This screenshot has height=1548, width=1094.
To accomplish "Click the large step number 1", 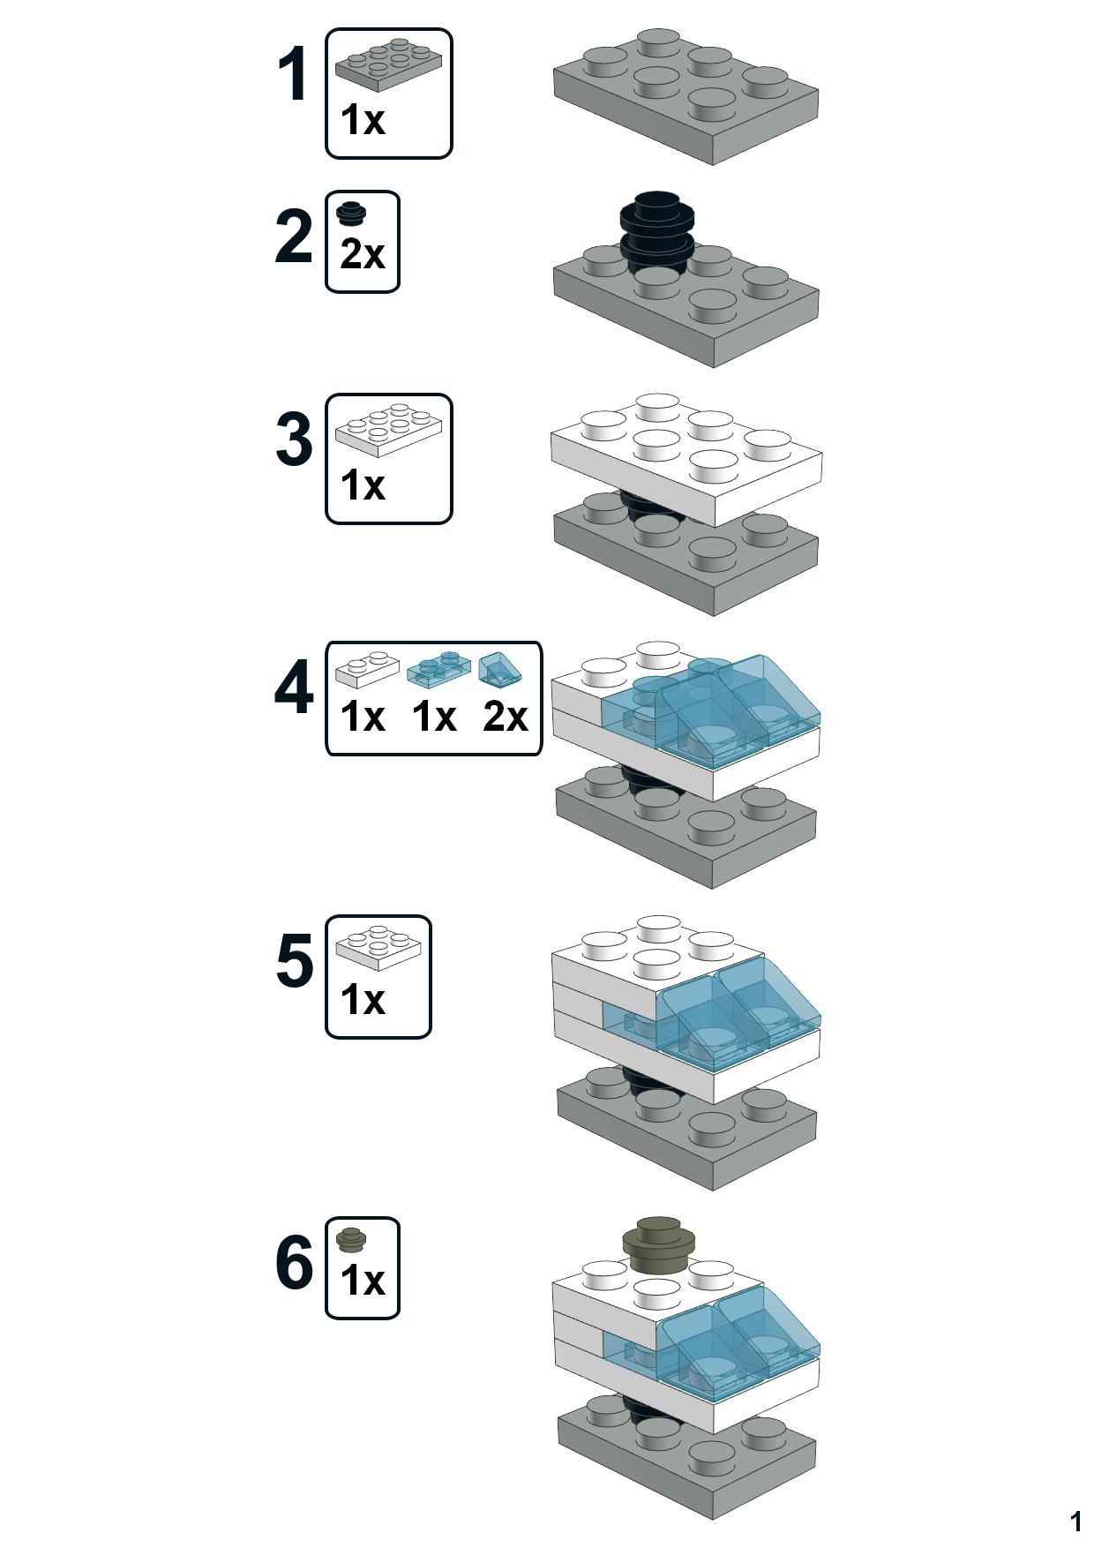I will tap(293, 76).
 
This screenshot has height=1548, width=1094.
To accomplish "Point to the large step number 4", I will tap(293, 688).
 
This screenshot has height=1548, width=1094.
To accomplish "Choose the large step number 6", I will tap(293, 1263).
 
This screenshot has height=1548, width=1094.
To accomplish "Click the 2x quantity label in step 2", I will tap(363, 255).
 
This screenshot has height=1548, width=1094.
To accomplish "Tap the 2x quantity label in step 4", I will tap(505, 717).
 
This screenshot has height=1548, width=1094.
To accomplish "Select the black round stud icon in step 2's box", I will tap(352, 213).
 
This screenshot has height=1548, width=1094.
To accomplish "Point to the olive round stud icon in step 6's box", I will tap(353, 1240).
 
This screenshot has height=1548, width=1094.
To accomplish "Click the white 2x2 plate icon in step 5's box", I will tap(378, 947).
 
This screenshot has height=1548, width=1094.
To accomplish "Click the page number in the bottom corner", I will tap(1075, 1522).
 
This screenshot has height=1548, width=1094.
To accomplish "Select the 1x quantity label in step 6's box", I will tap(363, 1281).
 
